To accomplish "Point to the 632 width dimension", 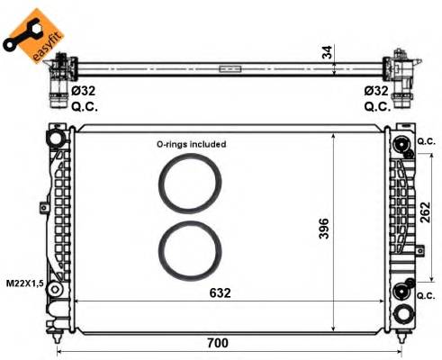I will [x=222, y=292].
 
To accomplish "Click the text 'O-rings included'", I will [x=191, y=143].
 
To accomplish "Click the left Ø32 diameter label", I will [x=84, y=90].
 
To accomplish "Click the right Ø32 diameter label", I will [x=376, y=90].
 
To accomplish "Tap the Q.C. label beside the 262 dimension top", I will [x=427, y=141].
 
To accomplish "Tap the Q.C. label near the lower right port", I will [x=427, y=294].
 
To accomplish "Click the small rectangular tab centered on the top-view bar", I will [x=230, y=67].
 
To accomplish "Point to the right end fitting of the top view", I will [x=399, y=72].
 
